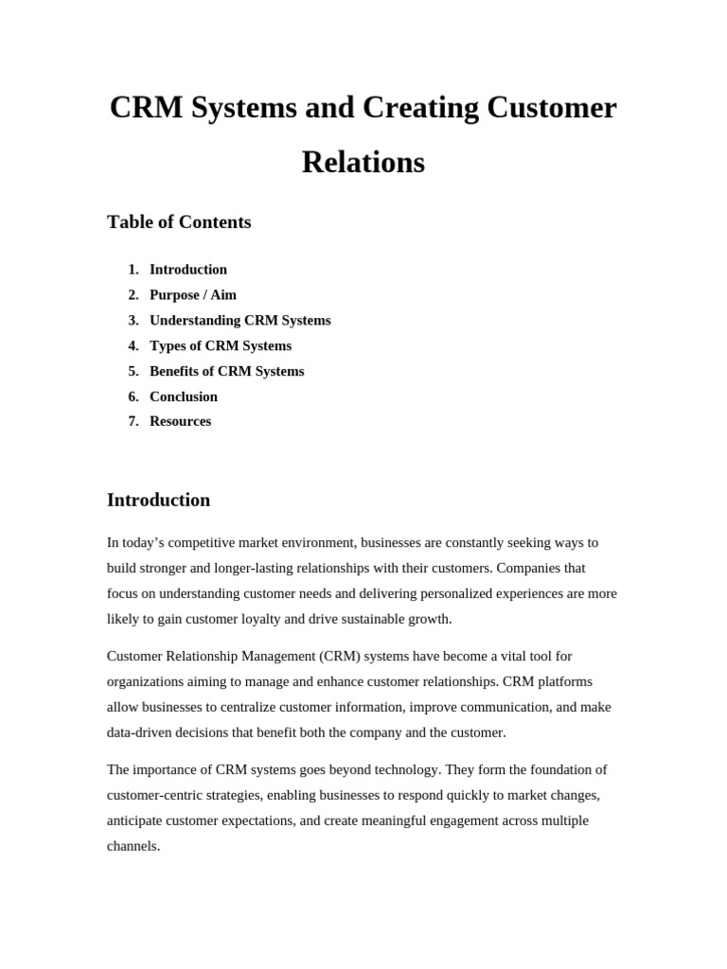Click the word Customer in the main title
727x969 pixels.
[552, 108]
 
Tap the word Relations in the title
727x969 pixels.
[363, 163]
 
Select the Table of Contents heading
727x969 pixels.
[179, 222]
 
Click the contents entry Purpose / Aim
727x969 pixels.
[193, 294]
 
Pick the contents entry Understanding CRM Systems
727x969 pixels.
[240, 320]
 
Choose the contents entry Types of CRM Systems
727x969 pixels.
[221, 345]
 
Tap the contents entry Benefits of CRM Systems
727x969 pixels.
[227, 371]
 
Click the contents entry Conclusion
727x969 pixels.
[184, 396]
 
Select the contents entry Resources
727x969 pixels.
[181, 421]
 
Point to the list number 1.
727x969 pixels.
[133, 270]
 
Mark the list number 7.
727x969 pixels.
[133, 421]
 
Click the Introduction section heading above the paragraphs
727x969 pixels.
[159, 500]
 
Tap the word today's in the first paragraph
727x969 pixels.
[145, 543]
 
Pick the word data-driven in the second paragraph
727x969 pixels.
[143, 731]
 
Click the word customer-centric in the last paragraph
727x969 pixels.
[157, 795]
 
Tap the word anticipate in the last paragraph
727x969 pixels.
[136, 820]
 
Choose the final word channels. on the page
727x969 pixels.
[133, 846]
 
